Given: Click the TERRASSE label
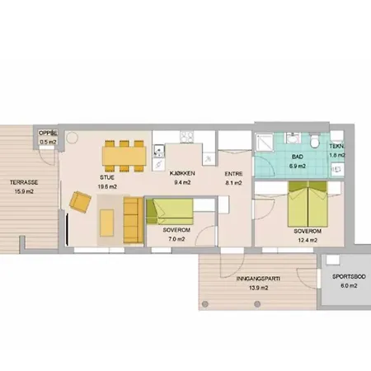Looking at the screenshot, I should click(22, 182).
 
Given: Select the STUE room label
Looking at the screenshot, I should click(107, 176).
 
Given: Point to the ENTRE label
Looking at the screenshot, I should click(233, 175).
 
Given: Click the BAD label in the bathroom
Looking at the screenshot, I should click(298, 157).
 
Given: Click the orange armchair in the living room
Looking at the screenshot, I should click(81, 202).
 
